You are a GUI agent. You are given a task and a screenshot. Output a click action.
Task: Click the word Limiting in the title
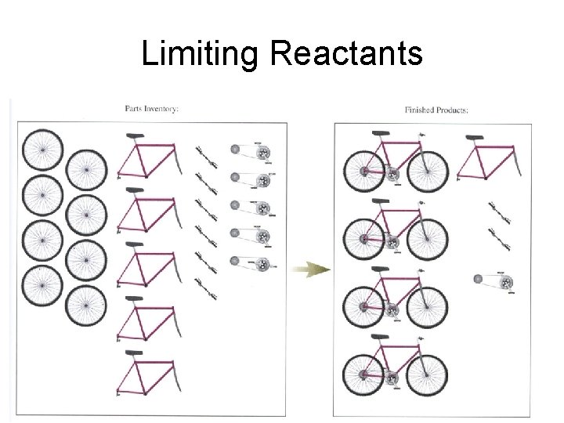pyautogui.click(x=199, y=55)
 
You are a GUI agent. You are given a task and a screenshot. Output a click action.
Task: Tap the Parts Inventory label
pyautogui.click(x=151, y=108)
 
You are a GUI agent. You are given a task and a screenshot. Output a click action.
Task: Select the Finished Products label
pyautogui.click(x=436, y=110)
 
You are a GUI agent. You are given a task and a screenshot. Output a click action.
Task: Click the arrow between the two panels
pyautogui.click(x=312, y=270)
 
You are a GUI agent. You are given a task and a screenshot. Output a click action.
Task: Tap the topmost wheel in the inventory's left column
pyautogui.click(x=42, y=149)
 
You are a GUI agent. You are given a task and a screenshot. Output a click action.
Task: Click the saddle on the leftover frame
pyautogui.click(x=474, y=138)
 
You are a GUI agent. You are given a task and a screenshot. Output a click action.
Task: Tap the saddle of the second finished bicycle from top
pyautogui.click(x=383, y=202)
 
